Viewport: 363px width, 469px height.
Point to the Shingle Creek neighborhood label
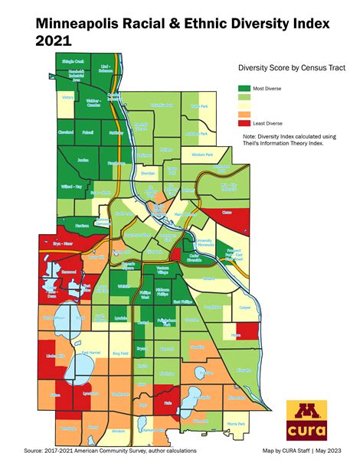point(73,60)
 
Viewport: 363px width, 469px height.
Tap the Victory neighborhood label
point(67,98)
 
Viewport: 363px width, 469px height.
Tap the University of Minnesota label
point(204,244)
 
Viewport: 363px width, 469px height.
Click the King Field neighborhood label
point(120,353)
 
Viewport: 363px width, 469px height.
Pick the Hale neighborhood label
point(168,400)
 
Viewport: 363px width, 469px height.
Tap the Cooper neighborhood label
point(244,308)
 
